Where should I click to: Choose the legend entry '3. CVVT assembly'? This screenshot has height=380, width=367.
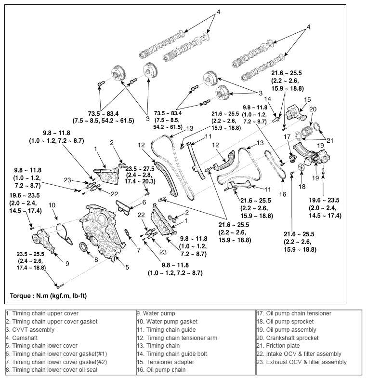[x=30, y=329]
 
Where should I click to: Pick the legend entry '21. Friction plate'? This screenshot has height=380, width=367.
[x=278, y=346]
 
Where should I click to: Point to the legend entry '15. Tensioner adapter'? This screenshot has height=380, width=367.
[x=164, y=362]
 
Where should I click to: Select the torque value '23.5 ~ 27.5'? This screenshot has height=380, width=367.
[x=141, y=169]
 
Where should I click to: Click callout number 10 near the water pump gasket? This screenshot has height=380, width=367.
[x=52, y=205]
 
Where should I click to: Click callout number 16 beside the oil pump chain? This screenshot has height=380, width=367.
[x=283, y=194]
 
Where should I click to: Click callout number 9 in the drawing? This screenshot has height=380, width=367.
[x=67, y=263]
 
